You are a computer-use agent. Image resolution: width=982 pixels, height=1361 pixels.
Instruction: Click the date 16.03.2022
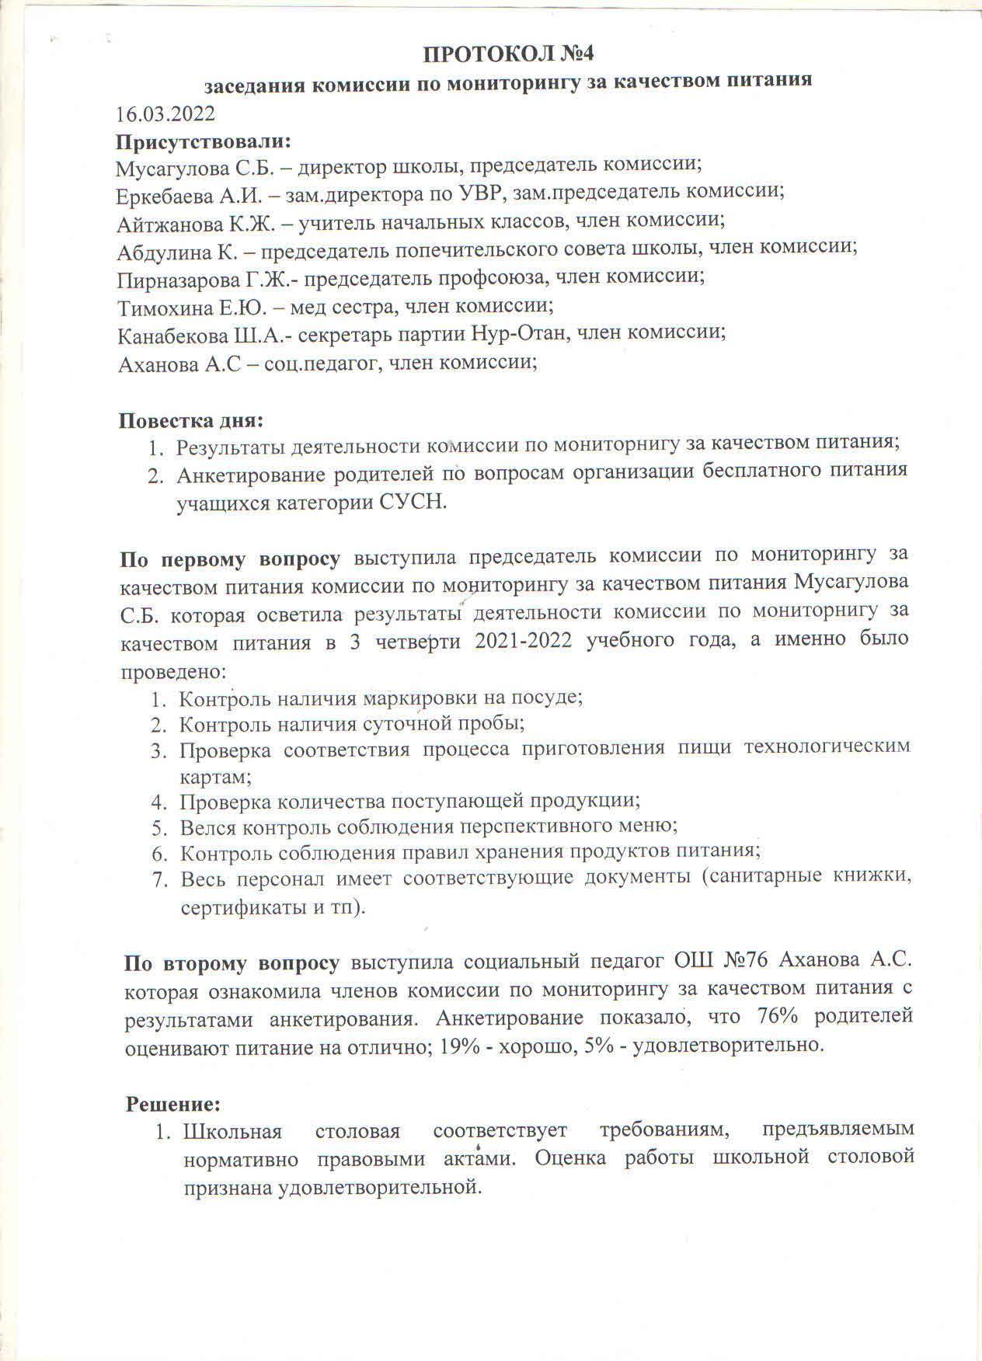click(165, 114)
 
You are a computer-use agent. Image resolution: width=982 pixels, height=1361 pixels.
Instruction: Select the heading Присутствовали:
click(204, 143)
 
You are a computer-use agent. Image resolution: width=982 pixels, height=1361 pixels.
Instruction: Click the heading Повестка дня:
click(191, 420)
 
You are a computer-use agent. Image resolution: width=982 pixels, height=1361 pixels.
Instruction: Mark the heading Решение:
click(174, 1103)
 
